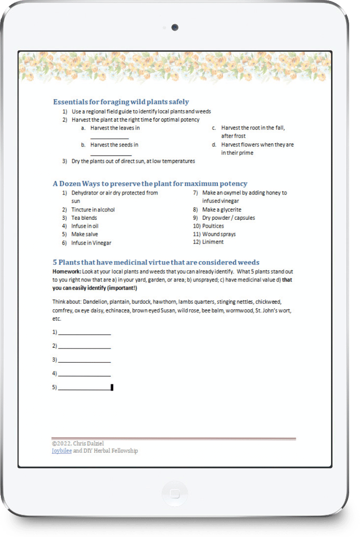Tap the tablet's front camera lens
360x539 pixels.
[x=175, y=27]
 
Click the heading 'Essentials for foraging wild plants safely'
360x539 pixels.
[x=121, y=102]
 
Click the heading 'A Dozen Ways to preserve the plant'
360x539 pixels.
[x=149, y=184]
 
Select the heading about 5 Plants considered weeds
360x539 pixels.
[x=156, y=262]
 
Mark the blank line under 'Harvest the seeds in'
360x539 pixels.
[x=111, y=155]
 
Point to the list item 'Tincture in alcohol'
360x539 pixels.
[x=93, y=209]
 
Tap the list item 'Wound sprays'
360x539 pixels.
[x=220, y=234]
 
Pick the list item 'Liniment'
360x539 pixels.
[x=213, y=242]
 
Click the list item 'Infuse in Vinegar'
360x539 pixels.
[x=91, y=243]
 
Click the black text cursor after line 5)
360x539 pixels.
[x=112, y=387]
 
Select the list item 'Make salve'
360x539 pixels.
[x=84, y=234]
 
